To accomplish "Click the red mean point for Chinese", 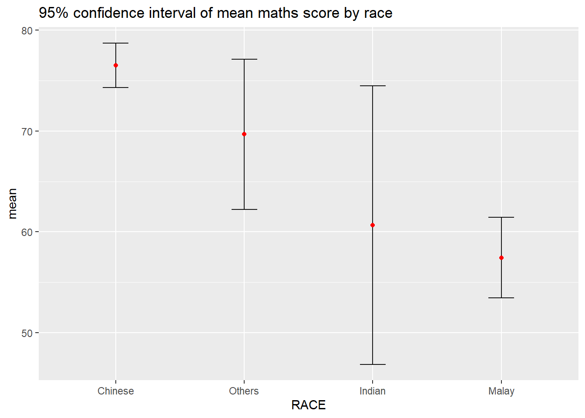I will (116, 65).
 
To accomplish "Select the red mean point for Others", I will (244, 134).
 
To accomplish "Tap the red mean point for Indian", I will (373, 225).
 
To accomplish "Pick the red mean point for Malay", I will (501, 258).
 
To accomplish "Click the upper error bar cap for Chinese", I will (116, 43).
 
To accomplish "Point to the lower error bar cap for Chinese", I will (116, 88).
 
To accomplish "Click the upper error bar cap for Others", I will (244, 59).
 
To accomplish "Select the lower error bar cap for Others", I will (244, 209).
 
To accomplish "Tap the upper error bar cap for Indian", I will (373, 86).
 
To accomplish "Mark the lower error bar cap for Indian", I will (373, 364).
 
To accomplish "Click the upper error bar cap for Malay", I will (501, 217).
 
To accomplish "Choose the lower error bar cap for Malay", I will (501, 298).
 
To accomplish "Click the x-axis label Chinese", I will (116, 391).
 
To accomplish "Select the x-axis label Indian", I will (373, 391).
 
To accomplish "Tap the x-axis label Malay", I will (501, 391).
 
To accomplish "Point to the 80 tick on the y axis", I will (27, 30).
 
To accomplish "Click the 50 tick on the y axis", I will (27, 333).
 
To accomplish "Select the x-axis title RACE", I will (308, 405).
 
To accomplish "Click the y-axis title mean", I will (12, 203).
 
